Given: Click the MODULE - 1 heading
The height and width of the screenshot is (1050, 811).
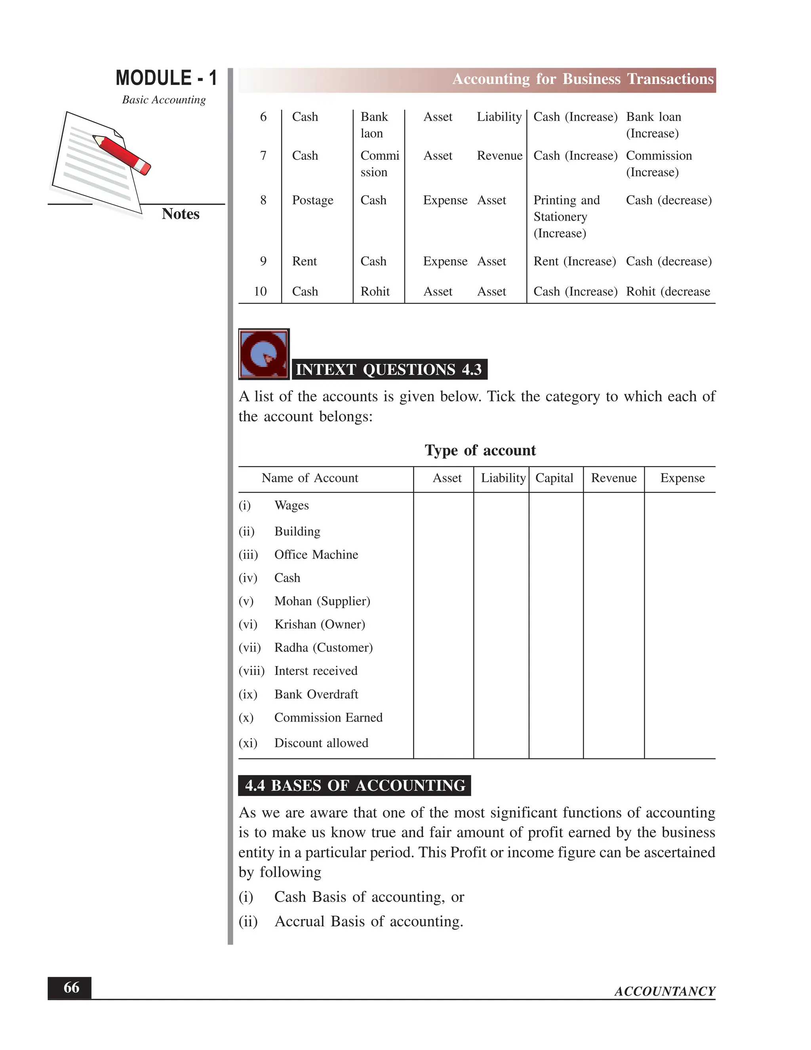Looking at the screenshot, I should pyautogui.click(x=166, y=78).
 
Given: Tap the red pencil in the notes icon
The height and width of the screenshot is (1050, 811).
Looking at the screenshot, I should pyautogui.click(x=122, y=154).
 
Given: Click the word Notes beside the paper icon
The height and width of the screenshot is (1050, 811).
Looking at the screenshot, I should pyautogui.click(x=180, y=214).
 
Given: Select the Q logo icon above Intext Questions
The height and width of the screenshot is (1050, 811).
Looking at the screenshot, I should pyautogui.click(x=264, y=354).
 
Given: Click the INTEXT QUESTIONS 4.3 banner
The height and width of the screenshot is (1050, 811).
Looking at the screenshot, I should pyautogui.click(x=389, y=369).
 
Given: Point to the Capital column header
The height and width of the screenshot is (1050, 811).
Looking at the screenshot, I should pyautogui.click(x=554, y=478).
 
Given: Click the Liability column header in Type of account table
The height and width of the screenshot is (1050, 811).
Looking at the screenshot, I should pyautogui.click(x=503, y=478).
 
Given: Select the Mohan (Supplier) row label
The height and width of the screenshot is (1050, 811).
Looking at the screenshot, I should pyautogui.click(x=322, y=601).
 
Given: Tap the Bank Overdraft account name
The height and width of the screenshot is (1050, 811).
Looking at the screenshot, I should pyautogui.click(x=316, y=694).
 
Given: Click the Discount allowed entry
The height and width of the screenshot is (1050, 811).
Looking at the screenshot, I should pyautogui.click(x=321, y=743).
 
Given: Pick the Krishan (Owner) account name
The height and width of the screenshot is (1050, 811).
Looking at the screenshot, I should pyautogui.click(x=320, y=624).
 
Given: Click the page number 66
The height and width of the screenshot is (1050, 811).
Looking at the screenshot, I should pyautogui.click(x=71, y=987).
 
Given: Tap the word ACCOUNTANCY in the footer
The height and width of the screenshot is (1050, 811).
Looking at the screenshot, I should pyautogui.click(x=664, y=991).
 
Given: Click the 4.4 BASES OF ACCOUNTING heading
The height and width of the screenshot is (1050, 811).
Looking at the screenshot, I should pyautogui.click(x=354, y=786).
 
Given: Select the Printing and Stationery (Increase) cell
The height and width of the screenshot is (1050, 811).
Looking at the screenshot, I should pyautogui.click(x=566, y=216).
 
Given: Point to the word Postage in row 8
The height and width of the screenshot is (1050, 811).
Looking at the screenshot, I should pyautogui.click(x=312, y=200).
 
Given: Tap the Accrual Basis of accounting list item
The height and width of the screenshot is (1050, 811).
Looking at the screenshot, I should pyautogui.click(x=369, y=921).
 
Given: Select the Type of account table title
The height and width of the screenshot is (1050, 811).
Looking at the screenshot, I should pyautogui.click(x=480, y=450).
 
